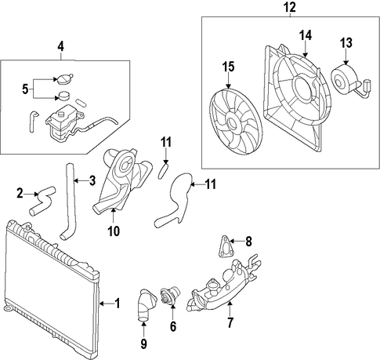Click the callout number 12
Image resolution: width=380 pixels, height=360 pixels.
(x=290, y=7)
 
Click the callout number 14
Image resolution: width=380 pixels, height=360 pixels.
(x=306, y=35)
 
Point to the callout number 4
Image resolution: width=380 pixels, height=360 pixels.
(x=60, y=46)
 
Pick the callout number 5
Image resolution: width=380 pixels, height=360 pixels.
(x=25, y=89)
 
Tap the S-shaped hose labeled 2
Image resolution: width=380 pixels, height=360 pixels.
(x=43, y=201)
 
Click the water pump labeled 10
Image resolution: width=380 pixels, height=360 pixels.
(x=122, y=180)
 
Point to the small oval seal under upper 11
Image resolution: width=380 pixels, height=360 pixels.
(x=163, y=170)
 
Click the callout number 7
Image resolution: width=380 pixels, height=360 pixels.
(x=230, y=322)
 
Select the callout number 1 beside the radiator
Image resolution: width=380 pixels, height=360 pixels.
(x=118, y=304)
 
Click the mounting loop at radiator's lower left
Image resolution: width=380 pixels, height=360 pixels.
(x=8, y=308)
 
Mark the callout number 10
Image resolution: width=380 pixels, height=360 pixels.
(x=114, y=231)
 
